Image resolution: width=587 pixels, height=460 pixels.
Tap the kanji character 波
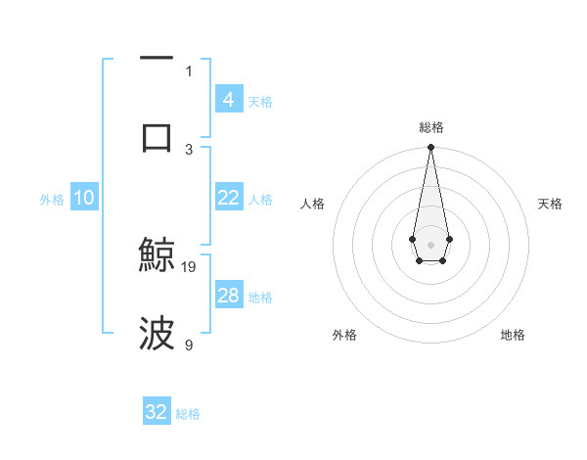point(157,333)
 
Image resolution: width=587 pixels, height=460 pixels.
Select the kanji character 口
point(157,136)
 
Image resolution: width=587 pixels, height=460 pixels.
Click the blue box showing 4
point(228,99)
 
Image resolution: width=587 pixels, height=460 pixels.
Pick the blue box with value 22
point(228,198)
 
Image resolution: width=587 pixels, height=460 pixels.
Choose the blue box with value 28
point(228,296)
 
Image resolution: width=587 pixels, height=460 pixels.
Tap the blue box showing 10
point(83,198)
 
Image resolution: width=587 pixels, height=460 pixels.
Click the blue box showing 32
point(157,412)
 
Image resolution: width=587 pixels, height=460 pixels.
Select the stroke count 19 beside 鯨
point(189,266)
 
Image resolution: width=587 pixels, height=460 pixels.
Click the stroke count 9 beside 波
point(189,345)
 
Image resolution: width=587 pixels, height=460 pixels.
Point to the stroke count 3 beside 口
point(189,149)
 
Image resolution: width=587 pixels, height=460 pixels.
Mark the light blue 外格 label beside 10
point(52,199)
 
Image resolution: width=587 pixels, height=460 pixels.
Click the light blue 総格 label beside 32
point(188,414)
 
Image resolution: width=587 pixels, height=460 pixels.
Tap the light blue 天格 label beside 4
point(260,101)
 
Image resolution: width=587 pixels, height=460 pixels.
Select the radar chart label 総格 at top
point(430,127)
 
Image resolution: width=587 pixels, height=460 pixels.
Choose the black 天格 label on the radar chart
point(550,204)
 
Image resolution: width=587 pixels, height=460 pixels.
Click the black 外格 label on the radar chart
point(344,335)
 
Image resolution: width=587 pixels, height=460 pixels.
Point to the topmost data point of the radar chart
point(430,148)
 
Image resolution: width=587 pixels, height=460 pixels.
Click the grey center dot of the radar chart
point(430,243)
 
